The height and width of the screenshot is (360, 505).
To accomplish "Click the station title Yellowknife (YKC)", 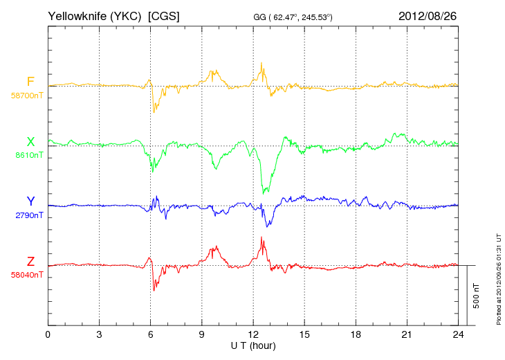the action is coord(94,16).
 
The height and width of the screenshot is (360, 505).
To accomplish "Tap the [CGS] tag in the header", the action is coord(164,16).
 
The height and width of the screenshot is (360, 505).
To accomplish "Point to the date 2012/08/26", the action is coord(428,16).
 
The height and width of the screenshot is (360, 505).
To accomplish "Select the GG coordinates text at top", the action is coord(293,17).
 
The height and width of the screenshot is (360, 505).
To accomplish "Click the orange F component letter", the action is coord(30,82).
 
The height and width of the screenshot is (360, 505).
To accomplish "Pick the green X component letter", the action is coord(30,141).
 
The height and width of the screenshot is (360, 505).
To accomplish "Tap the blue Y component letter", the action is coord(30,201).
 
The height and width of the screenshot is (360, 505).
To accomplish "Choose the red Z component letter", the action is coord(30,261).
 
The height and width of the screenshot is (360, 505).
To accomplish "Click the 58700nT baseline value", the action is coord(27,96).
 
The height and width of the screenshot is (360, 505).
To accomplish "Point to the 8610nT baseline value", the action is coord(29,155).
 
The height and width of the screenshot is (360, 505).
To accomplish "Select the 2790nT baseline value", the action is coord(29,215).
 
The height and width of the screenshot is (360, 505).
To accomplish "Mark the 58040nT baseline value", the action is coord(27,275).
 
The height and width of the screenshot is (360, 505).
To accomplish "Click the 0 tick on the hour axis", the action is coord(48,334).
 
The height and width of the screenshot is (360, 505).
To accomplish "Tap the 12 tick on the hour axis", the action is coord(253,334).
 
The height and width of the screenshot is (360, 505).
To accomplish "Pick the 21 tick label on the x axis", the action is coord(407,334).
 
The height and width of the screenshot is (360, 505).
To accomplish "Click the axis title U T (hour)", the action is coord(253,346).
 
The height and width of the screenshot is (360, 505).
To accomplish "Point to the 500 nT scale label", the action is coord(477,296).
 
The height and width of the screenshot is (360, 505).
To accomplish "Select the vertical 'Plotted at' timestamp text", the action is coord(499,279).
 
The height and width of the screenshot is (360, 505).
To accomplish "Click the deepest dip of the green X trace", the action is coord(264,193).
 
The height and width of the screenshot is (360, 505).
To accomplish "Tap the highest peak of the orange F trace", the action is coord(261,63).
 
